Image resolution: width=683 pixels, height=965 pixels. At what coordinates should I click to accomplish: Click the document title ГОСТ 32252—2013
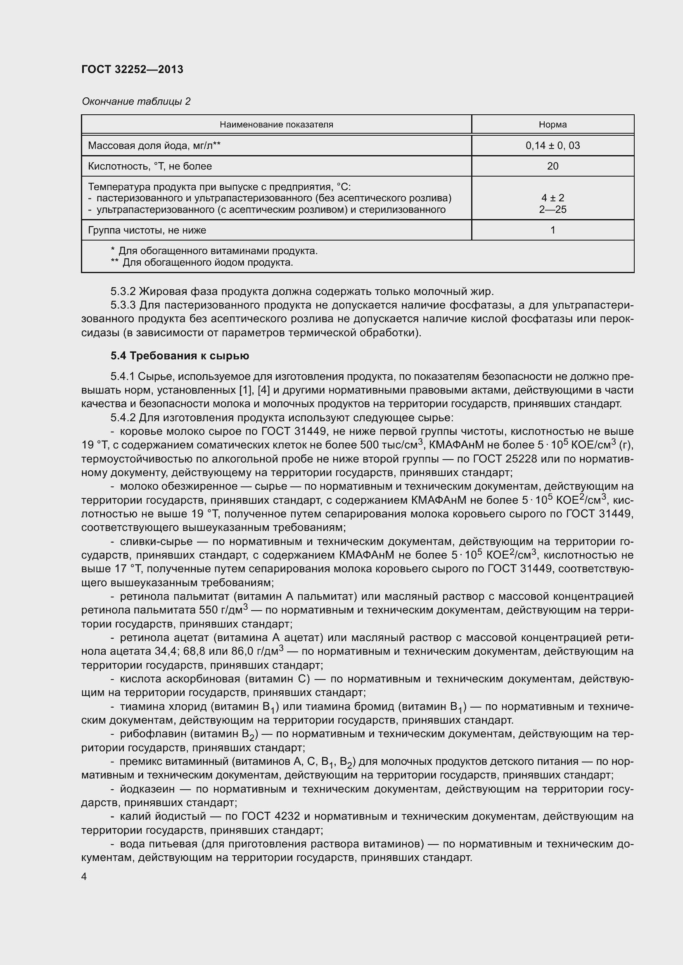point(133,69)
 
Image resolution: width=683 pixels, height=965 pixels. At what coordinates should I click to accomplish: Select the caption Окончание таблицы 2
point(136,101)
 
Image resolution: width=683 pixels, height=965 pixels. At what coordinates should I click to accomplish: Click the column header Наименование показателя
point(276,125)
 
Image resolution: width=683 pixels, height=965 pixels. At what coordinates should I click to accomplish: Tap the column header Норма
point(552,125)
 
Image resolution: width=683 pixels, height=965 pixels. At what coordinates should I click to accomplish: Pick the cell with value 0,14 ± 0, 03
point(552,145)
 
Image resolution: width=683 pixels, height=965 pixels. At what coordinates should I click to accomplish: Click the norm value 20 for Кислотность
point(552,166)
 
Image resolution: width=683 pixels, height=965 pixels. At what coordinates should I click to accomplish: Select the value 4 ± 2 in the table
point(552,198)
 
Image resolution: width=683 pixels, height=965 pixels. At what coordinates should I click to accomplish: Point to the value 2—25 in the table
point(552,209)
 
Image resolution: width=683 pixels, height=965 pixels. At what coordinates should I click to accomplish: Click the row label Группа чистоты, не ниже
point(147,230)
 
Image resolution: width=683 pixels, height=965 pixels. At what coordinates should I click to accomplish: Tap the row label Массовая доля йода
point(154,145)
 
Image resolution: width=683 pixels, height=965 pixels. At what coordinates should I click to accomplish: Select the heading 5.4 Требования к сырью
point(180,356)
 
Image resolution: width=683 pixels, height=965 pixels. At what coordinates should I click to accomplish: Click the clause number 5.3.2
point(123,291)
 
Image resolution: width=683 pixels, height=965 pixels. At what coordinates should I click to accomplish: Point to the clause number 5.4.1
point(123,376)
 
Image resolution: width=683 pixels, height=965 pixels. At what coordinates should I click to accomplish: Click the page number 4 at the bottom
point(84,877)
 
